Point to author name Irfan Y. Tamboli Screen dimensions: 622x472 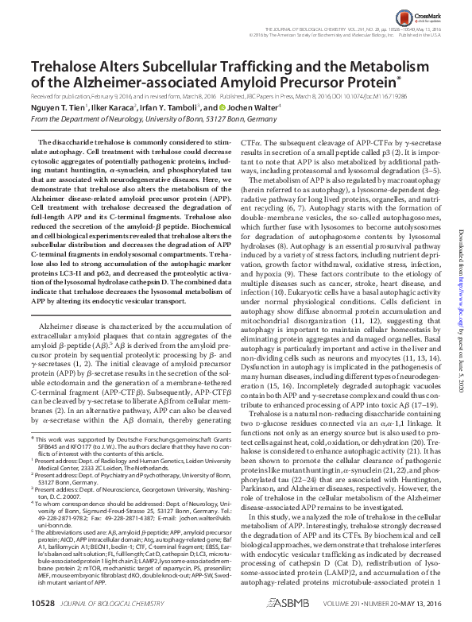pos(172,106)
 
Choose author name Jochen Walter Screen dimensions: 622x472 pos(244,106)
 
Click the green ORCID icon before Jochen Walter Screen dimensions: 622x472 pos(215,106)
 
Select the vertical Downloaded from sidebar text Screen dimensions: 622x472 pos(460,222)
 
